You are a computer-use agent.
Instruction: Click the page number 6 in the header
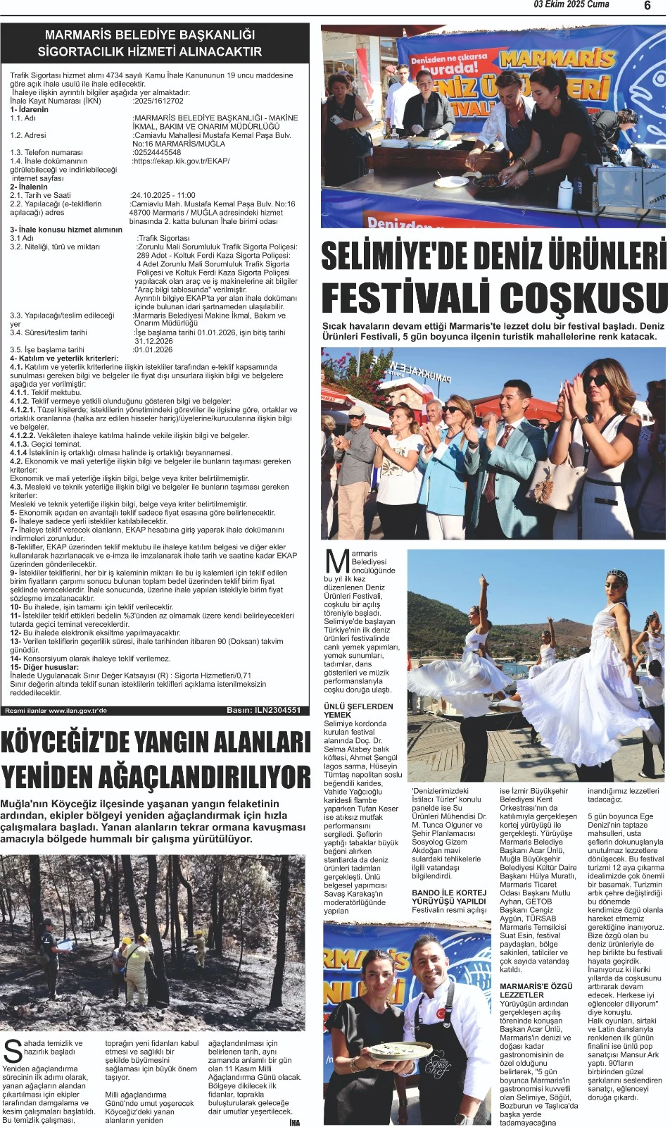(647, 6)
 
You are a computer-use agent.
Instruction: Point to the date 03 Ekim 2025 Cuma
(571, 5)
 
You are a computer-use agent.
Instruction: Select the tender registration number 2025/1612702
(158, 101)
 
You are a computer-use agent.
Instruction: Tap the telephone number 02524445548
(157, 152)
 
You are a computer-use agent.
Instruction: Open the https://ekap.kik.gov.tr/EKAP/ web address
(181, 161)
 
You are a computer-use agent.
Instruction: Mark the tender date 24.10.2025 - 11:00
(163, 195)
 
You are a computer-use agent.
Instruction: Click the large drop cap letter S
(12, 1050)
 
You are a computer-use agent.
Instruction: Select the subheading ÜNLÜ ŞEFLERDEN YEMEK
(358, 710)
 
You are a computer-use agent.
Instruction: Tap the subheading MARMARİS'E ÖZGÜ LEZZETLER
(536, 990)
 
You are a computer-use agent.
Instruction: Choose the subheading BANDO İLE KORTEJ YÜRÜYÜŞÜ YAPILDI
(448, 897)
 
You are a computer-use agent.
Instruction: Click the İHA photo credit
(294, 1122)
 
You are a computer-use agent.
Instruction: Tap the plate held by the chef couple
(401, 1050)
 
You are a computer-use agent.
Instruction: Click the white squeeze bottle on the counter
(564, 192)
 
